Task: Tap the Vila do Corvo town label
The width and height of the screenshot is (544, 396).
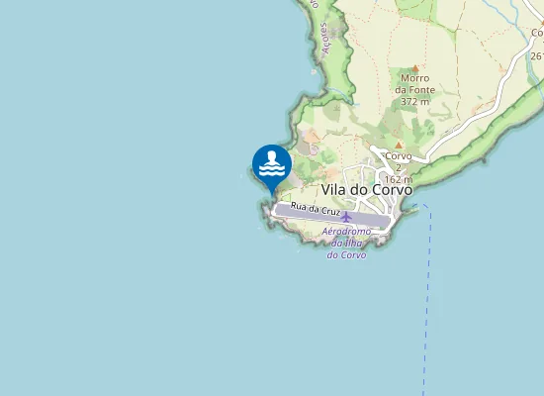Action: pos(367,189)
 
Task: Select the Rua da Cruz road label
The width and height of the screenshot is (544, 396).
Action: pos(316,210)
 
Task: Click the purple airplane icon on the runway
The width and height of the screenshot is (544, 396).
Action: pos(346,216)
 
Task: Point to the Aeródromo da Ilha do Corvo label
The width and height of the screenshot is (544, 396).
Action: pos(346,243)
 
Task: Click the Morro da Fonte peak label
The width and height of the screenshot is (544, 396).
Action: pos(417,83)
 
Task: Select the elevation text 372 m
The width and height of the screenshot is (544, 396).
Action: pos(415,101)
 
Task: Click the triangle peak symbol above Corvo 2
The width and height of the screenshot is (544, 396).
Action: pos(398,145)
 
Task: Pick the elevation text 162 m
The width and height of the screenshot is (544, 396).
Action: pos(398,179)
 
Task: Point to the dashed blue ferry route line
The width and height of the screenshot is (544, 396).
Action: pos(427,297)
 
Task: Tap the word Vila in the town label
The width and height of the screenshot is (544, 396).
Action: pos(333,189)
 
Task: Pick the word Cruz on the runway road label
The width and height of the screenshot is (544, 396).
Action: pos(330,211)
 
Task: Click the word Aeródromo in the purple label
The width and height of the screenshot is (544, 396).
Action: pos(346,232)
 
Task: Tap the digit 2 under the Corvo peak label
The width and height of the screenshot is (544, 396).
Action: pos(398,168)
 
